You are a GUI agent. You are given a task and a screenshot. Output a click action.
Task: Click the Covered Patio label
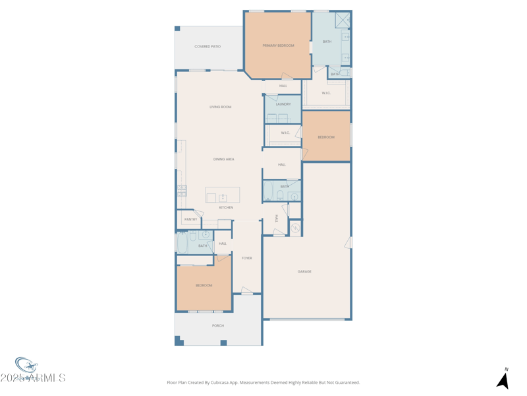(x=208, y=47)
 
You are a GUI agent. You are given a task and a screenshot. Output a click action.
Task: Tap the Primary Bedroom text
(x=278, y=46)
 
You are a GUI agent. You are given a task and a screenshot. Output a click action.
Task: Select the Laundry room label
(x=283, y=104)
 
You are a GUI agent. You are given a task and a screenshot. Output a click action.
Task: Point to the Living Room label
(x=220, y=107)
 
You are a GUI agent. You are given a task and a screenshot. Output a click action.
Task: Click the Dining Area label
(x=223, y=159)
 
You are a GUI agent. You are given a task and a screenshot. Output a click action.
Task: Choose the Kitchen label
(x=226, y=207)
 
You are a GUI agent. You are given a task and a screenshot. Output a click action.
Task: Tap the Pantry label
(x=190, y=220)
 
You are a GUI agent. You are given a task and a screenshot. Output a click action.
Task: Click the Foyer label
(x=246, y=258)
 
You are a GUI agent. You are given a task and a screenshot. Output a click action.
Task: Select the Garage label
(x=304, y=271)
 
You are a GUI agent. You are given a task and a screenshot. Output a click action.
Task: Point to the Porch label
(x=218, y=325)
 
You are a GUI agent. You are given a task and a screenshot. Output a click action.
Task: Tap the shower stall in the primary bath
(x=343, y=20)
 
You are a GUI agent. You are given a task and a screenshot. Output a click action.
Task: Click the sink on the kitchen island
(x=223, y=197)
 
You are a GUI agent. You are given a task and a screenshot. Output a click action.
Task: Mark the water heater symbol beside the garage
(x=295, y=228)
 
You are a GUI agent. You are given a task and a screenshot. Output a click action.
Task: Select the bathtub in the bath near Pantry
(x=182, y=243)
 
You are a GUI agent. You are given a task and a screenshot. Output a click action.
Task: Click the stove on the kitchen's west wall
(x=181, y=191)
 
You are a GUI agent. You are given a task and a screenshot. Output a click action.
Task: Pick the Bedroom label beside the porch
(x=204, y=285)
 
